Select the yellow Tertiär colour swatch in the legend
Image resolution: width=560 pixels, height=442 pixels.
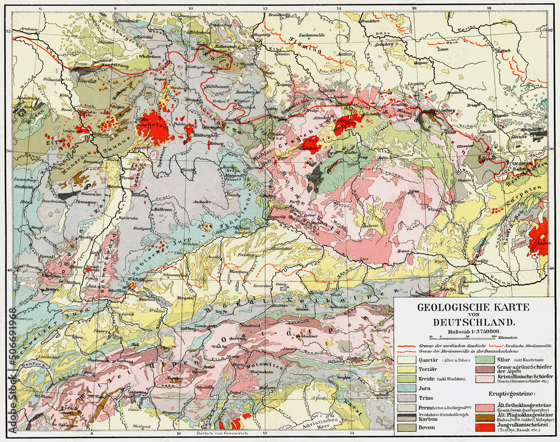pos(407,370)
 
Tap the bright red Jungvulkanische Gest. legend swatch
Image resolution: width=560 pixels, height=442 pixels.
pos(486,427)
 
